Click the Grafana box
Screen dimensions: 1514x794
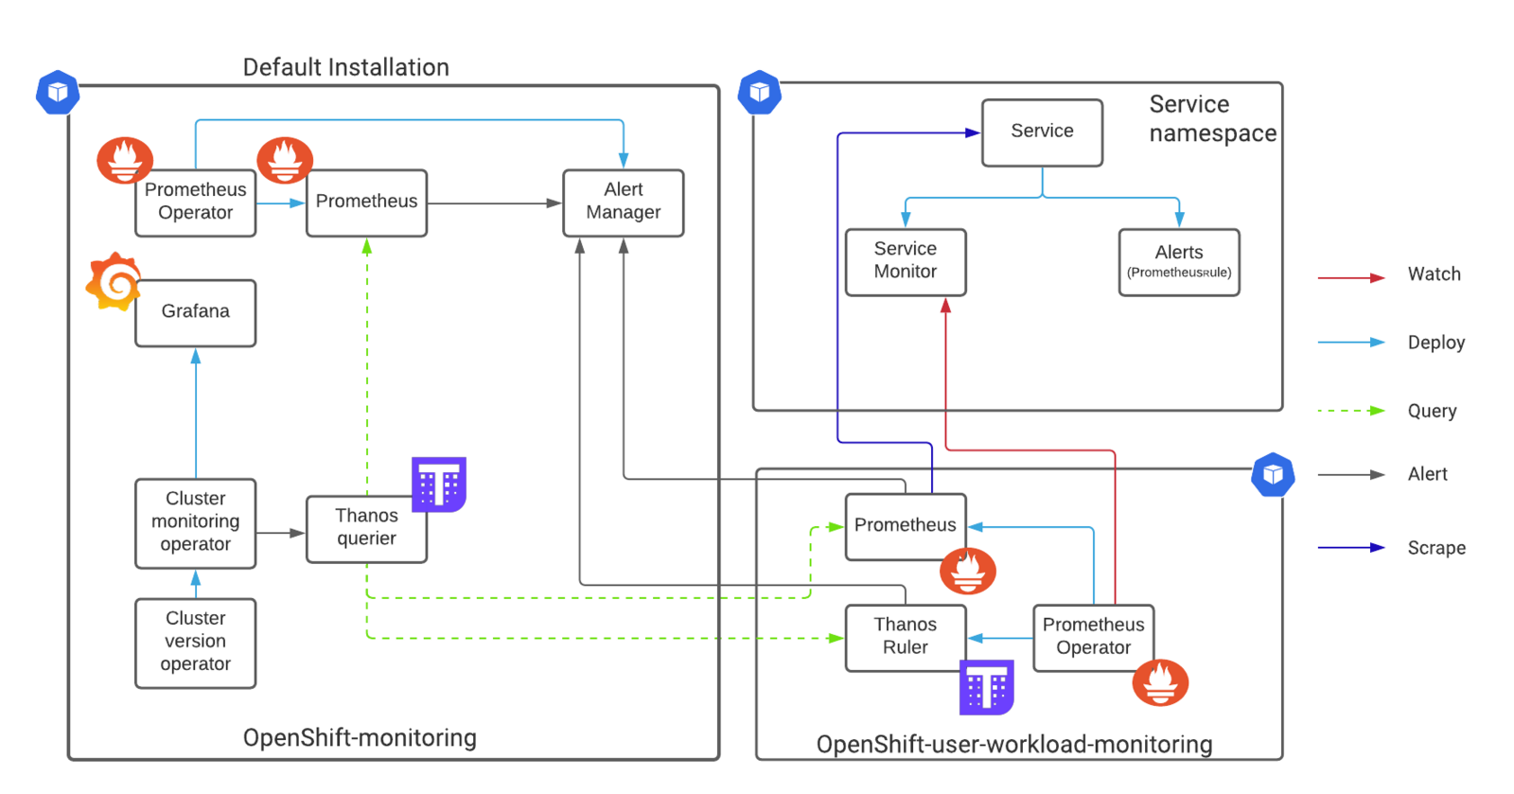[195, 313]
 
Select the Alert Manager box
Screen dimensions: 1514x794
[624, 203]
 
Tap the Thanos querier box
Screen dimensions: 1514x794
[366, 529]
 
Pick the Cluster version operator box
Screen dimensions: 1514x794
[195, 643]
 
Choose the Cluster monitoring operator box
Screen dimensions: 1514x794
[195, 523]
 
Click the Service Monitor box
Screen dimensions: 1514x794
[906, 262]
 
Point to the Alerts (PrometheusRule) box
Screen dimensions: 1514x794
[1179, 262]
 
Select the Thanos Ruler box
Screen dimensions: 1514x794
[906, 638]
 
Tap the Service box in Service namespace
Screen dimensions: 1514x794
[1042, 132]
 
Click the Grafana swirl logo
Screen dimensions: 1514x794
[114, 281]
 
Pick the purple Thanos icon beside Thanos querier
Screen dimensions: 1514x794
[439, 484]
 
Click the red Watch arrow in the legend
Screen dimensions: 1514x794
[1351, 277]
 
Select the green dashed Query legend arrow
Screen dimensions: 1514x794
[1351, 410]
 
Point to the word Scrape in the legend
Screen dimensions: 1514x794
[1436, 547]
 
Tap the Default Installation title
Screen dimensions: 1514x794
[346, 67]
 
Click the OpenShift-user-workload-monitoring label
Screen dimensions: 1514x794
[1013, 744]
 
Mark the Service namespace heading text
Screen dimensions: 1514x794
[1212, 118]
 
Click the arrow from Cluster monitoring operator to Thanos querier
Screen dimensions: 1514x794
[280, 533]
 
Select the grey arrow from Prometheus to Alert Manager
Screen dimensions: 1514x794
[495, 203]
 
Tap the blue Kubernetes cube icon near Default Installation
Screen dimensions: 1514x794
[58, 92]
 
